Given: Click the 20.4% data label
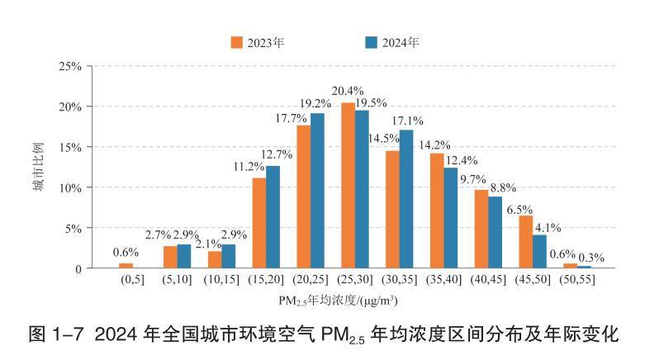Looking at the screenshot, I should [x=348, y=91].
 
